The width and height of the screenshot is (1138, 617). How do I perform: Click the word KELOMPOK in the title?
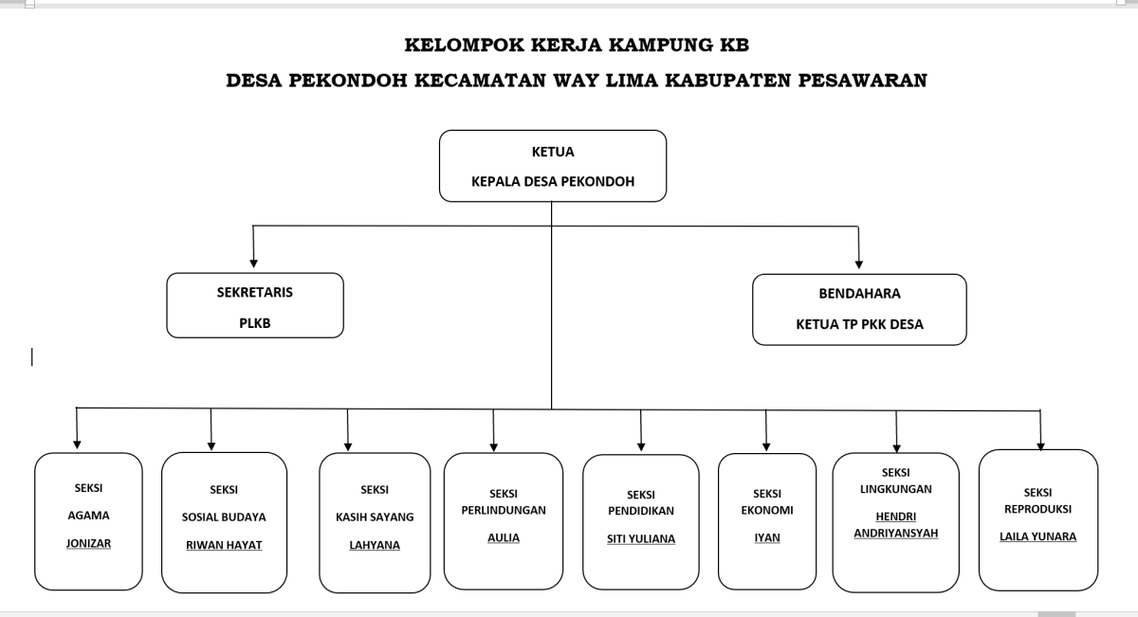[464, 45]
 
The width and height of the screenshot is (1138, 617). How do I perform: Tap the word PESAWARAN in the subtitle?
[863, 81]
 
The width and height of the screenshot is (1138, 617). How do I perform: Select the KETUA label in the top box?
[553, 152]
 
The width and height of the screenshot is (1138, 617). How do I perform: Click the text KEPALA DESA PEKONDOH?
[553, 181]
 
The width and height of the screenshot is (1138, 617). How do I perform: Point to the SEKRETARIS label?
[254, 293]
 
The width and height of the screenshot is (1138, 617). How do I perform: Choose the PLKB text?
[254, 323]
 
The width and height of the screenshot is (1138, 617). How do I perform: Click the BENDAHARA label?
[859, 294]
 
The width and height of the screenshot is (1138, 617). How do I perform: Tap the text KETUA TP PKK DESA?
[859, 324]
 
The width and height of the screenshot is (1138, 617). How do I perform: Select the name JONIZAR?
[88, 543]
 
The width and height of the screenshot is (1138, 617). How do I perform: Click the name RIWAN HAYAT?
[224, 545]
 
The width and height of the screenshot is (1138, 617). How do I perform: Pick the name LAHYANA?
[375, 545]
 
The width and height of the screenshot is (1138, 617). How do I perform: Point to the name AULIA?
[504, 537]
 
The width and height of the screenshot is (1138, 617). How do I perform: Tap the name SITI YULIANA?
[641, 538]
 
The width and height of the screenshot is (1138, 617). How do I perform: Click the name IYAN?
[767, 537]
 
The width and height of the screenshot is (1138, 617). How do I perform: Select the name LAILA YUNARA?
[1037, 536]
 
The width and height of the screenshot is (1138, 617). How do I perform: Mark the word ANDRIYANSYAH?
[895, 534]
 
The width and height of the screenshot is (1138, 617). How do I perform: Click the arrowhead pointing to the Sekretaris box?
[253, 263]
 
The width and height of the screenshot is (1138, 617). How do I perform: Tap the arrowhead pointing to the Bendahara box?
[859, 264]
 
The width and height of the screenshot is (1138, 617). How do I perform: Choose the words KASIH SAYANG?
[375, 517]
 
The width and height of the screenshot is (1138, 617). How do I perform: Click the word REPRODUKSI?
[1037, 509]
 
